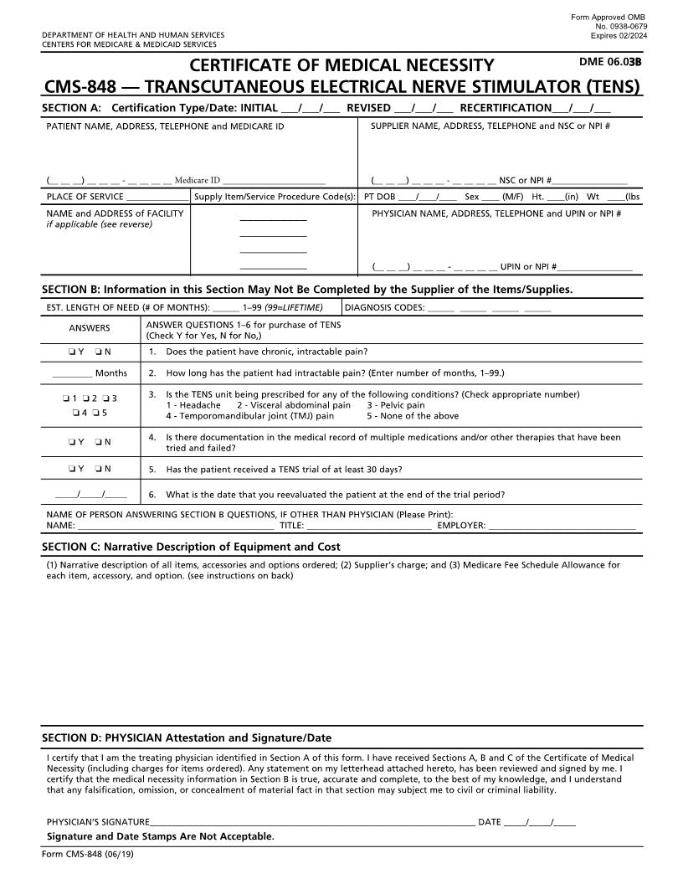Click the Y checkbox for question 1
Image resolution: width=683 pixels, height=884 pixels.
pyautogui.click(x=71, y=352)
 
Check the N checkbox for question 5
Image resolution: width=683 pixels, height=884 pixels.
pyautogui.click(x=99, y=469)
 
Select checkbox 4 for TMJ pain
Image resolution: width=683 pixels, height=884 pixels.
pyautogui.click(x=75, y=412)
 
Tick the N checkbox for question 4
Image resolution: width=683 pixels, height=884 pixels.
pyautogui.click(x=99, y=441)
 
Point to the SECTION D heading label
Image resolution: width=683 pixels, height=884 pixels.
pyautogui.click(x=186, y=738)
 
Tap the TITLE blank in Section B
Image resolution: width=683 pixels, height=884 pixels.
pyautogui.click(x=368, y=526)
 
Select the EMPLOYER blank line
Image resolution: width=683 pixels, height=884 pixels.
pyautogui.click(x=562, y=526)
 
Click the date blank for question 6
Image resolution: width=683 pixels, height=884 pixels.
pyautogui.click(x=91, y=495)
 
